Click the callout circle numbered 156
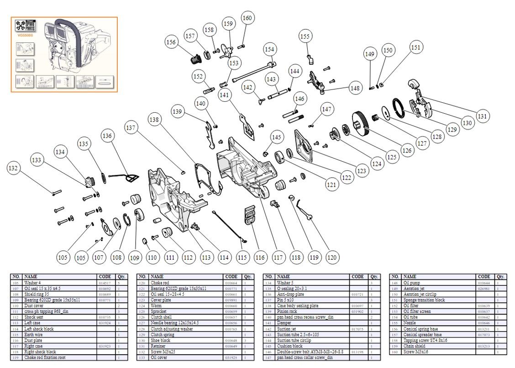click(x=171, y=42)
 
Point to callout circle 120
click(x=332, y=258)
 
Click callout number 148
click(x=355, y=88)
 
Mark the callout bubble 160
click(x=247, y=18)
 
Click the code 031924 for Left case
click(x=104, y=323)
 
